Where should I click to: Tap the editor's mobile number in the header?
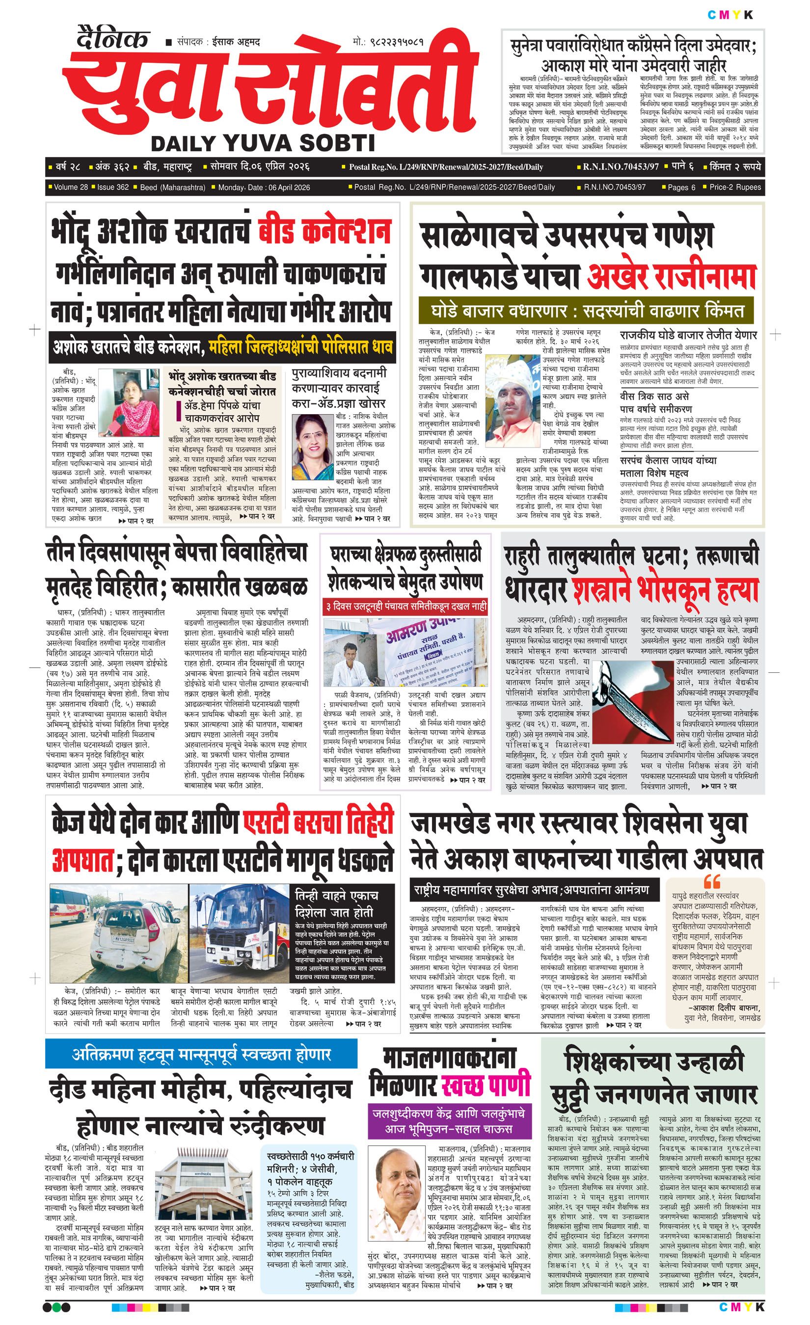point(388,41)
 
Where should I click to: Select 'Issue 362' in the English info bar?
point(113,187)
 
